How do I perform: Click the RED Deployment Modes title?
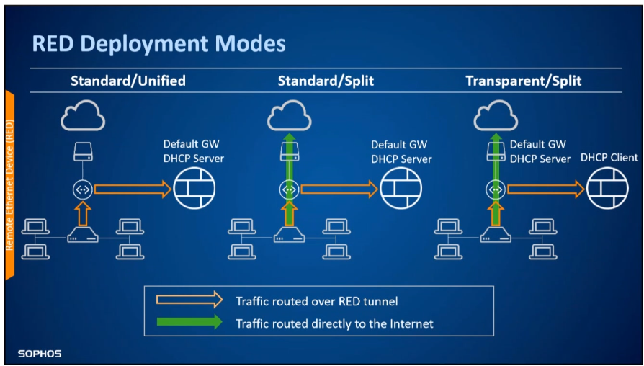[x=158, y=44]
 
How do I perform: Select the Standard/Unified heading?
[x=128, y=81]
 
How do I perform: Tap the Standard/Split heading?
[x=326, y=81]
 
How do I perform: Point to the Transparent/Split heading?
[x=524, y=81]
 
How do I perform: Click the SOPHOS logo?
[x=40, y=353]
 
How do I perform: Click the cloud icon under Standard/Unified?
[x=83, y=116]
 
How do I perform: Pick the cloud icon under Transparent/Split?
[x=496, y=116]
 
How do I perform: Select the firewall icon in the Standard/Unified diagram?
[x=194, y=189]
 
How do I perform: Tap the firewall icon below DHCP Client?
[x=607, y=189]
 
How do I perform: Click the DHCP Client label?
[x=609, y=157]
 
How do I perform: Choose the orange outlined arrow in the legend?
[x=189, y=300]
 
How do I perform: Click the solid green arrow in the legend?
[x=189, y=321]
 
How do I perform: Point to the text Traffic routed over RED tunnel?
[x=317, y=302]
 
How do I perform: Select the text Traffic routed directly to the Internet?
[x=334, y=323]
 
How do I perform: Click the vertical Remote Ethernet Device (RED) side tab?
[x=10, y=185]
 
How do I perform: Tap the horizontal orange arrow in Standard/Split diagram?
[x=339, y=189]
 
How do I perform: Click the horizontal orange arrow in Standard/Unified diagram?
[x=133, y=189]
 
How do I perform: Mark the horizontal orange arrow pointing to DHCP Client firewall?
[x=546, y=189]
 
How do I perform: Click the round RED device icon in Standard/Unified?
[x=83, y=189]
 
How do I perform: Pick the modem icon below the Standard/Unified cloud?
[x=83, y=151]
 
